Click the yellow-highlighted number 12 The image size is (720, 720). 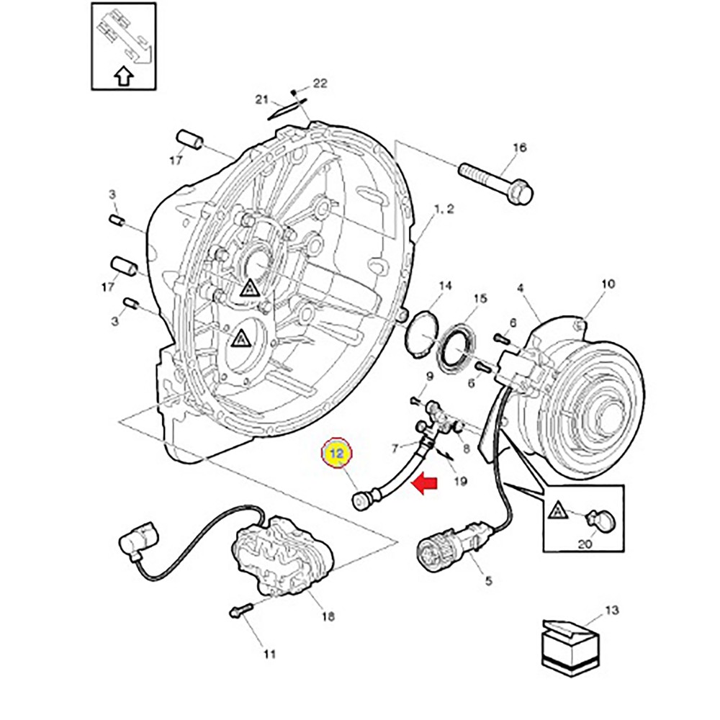click(x=336, y=453)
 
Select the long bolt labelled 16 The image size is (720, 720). click(x=495, y=181)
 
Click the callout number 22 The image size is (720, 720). click(x=320, y=83)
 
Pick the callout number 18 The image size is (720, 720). click(x=328, y=616)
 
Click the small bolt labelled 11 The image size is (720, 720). click(x=240, y=610)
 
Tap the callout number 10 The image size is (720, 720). click(x=608, y=284)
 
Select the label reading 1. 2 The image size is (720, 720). click(x=444, y=209)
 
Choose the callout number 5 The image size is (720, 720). click(x=488, y=581)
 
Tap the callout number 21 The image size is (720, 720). click(x=261, y=99)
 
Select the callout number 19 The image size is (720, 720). click(x=460, y=481)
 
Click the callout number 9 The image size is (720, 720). click(x=429, y=377)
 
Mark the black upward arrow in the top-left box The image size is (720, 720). click(x=124, y=77)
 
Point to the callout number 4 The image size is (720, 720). click(x=521, y=289)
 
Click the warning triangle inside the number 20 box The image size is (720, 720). click(x=557, y=510)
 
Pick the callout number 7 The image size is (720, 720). click(x=395, y=448)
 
